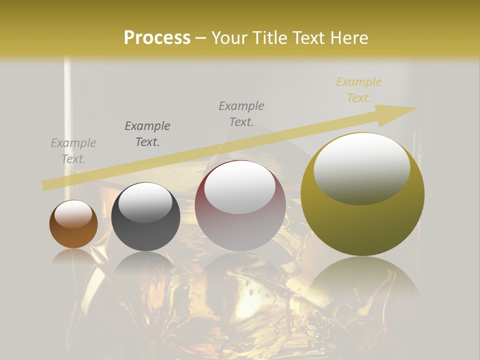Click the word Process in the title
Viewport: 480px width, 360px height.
tap(157, 38)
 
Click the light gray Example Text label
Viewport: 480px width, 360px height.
tap(73, 151)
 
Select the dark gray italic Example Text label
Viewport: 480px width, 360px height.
tap(147, 134)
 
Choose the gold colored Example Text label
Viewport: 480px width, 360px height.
tap(359, 90)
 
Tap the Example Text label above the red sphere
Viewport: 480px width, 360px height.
tap(241, 114)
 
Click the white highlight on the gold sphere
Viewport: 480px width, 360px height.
tap(362, 168)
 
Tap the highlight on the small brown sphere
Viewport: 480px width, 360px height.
tap(73, 214)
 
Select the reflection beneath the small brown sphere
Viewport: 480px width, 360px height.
tap(73, 257)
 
